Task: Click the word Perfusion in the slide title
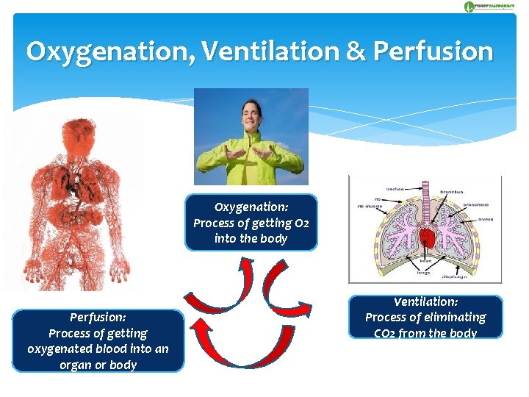pos(433,51)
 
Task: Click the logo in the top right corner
pos(489,7)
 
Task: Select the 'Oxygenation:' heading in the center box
pos(251,207)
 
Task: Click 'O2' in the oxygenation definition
pos(301,223)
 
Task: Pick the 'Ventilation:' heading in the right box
pos(425,301)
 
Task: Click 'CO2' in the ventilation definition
pos(383,333)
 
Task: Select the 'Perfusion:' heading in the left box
pos(98,317)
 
